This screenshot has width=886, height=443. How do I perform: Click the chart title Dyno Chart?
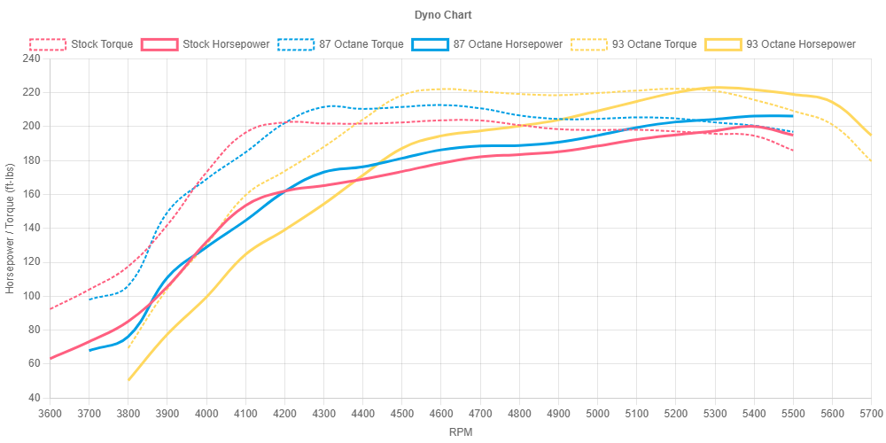(x=442, y=15)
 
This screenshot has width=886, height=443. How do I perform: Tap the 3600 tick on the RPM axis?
(x=50, y=413)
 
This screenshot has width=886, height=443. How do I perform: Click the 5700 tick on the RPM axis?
(x=871, y=413)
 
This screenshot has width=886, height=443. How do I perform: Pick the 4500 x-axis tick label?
(x=401, y=413)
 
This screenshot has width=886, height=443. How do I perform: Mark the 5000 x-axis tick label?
(x=597, y=413)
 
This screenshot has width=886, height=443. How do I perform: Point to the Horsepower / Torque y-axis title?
(x=11, y=228)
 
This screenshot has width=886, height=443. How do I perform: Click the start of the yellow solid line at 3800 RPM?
(x=128, y=380)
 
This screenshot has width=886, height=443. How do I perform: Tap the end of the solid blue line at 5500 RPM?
(x=793, y=116)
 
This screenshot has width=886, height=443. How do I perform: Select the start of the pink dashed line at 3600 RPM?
(x=51, y=308)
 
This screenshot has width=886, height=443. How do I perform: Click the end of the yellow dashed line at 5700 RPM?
(x=871, y=160)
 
